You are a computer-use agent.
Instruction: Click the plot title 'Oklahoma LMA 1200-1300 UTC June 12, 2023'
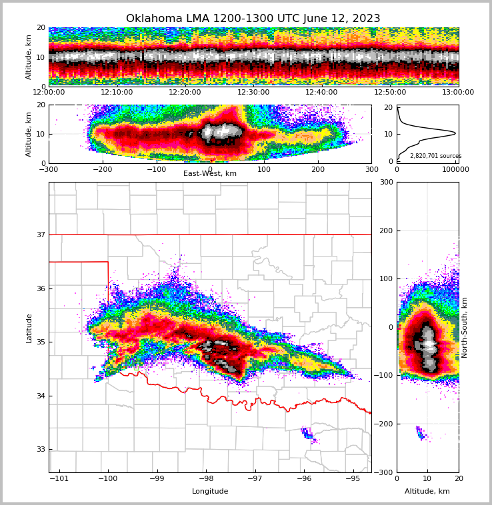(253, 19)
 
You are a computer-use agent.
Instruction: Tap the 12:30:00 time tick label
(253, 93)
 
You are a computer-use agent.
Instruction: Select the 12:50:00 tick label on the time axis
(390, 93)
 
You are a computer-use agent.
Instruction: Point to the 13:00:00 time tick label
(458, 93)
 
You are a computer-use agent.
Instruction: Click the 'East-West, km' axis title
(210, 174)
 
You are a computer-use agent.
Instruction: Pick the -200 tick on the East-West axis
(102, 169)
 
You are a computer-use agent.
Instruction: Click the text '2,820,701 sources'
(435, 156)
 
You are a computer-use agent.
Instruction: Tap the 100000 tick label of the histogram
(453, 169)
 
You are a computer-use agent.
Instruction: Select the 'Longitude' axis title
(210, 492)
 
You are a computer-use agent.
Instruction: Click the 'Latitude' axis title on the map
(29, 328)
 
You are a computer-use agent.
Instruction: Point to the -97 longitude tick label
(255, 478)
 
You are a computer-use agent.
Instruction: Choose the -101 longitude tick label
(60, 478)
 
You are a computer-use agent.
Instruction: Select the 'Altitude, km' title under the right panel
(427, 492)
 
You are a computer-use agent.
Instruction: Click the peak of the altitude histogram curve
(455, 133)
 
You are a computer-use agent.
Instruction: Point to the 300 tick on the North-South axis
(385, 182)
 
